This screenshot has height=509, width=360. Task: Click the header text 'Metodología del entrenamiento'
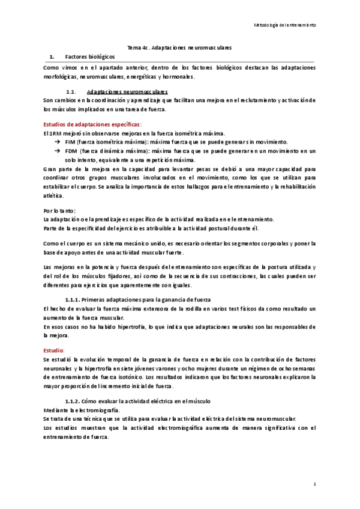click(287, 26)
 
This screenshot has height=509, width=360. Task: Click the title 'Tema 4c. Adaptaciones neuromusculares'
click(179, 47)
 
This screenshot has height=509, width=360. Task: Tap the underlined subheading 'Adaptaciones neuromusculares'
click(125, 91)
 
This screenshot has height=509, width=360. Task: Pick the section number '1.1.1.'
click(72, 300)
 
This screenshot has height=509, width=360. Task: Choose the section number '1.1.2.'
click(72, 400)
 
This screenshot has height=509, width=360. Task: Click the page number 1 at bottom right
click(315, 483)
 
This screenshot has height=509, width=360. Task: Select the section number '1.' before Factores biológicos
click(52, 55)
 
